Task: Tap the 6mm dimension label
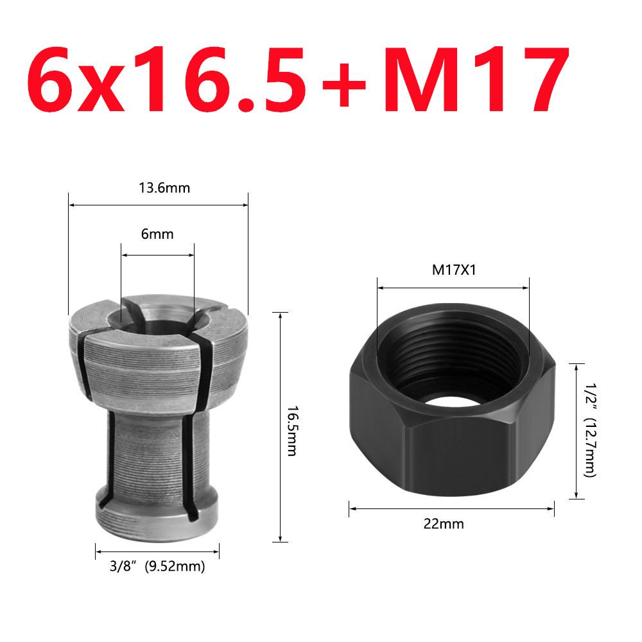[x=157, y=235]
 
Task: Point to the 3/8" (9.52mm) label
[x=157, y=567]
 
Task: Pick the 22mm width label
[x=452, y=524]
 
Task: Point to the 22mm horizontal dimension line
[x=398, y=509]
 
